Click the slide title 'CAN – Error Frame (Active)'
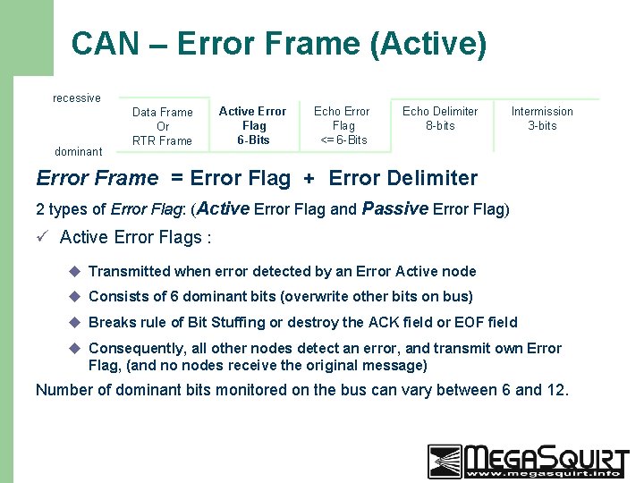coord(279,43)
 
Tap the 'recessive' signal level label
coord(77,97)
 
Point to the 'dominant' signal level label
coord(79,151)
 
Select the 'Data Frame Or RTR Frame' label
coord(162,126)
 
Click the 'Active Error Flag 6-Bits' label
coord(252,125)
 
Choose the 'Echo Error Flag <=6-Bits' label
coord(342,125)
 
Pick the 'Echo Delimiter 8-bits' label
coord(440,118)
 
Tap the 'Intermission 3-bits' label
coord(542,118)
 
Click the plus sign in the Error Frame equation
coord(309,179)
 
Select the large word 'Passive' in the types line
coord(394,208)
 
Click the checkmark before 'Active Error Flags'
coord(42,237)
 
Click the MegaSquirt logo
coord(528,462)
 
